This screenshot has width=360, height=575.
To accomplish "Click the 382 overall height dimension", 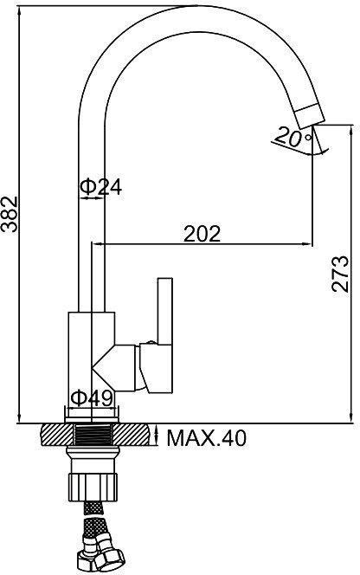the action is pos(10,214).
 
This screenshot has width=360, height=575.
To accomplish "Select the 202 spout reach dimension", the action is pos(202,234).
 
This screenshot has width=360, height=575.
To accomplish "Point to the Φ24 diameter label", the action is pos(100,187).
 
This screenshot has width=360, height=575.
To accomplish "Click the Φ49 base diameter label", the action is pos(91,397).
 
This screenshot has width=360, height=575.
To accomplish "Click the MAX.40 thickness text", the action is pos(207,437).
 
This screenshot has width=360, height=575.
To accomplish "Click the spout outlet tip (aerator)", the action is pos(310,116).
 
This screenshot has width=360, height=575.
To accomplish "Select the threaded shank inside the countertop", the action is pos(93,435).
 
